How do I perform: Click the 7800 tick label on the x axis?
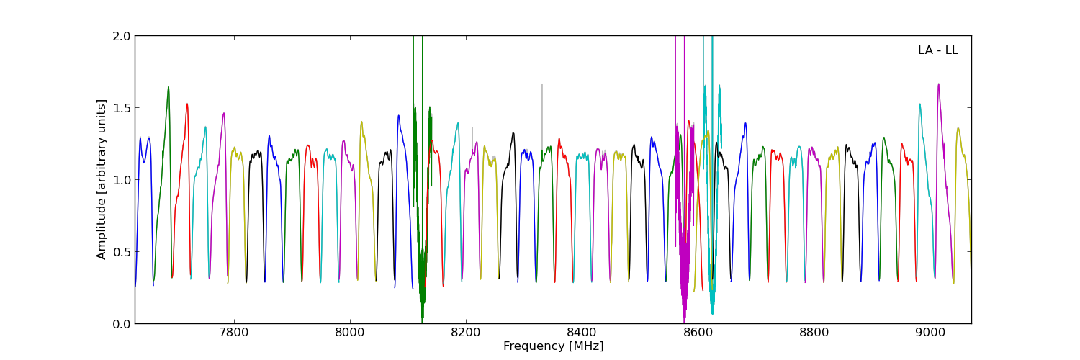click(233, 333)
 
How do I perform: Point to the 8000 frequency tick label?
click(349, 333)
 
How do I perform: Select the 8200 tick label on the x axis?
click(465, 333)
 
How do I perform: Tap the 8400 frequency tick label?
click(581, 333)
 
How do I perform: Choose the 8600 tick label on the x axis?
click(697, 333)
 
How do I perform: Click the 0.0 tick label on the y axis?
click(122, 324)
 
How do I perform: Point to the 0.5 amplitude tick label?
click(122, 252)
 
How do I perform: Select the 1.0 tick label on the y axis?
click(122, 180)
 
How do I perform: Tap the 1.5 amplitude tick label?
click(122, 108)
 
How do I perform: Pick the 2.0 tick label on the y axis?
click(122, 36)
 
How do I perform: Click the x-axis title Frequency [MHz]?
click(553, 346)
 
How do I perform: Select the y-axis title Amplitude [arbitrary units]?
click(102, 179)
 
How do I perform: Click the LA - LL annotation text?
click(937, 50)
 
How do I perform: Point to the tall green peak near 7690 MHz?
click(168, 87)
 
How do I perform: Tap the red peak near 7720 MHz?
click(187, 104)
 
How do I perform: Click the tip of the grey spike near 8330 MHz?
click(542, 84)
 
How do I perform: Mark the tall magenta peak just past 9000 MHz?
click(938, 84)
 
